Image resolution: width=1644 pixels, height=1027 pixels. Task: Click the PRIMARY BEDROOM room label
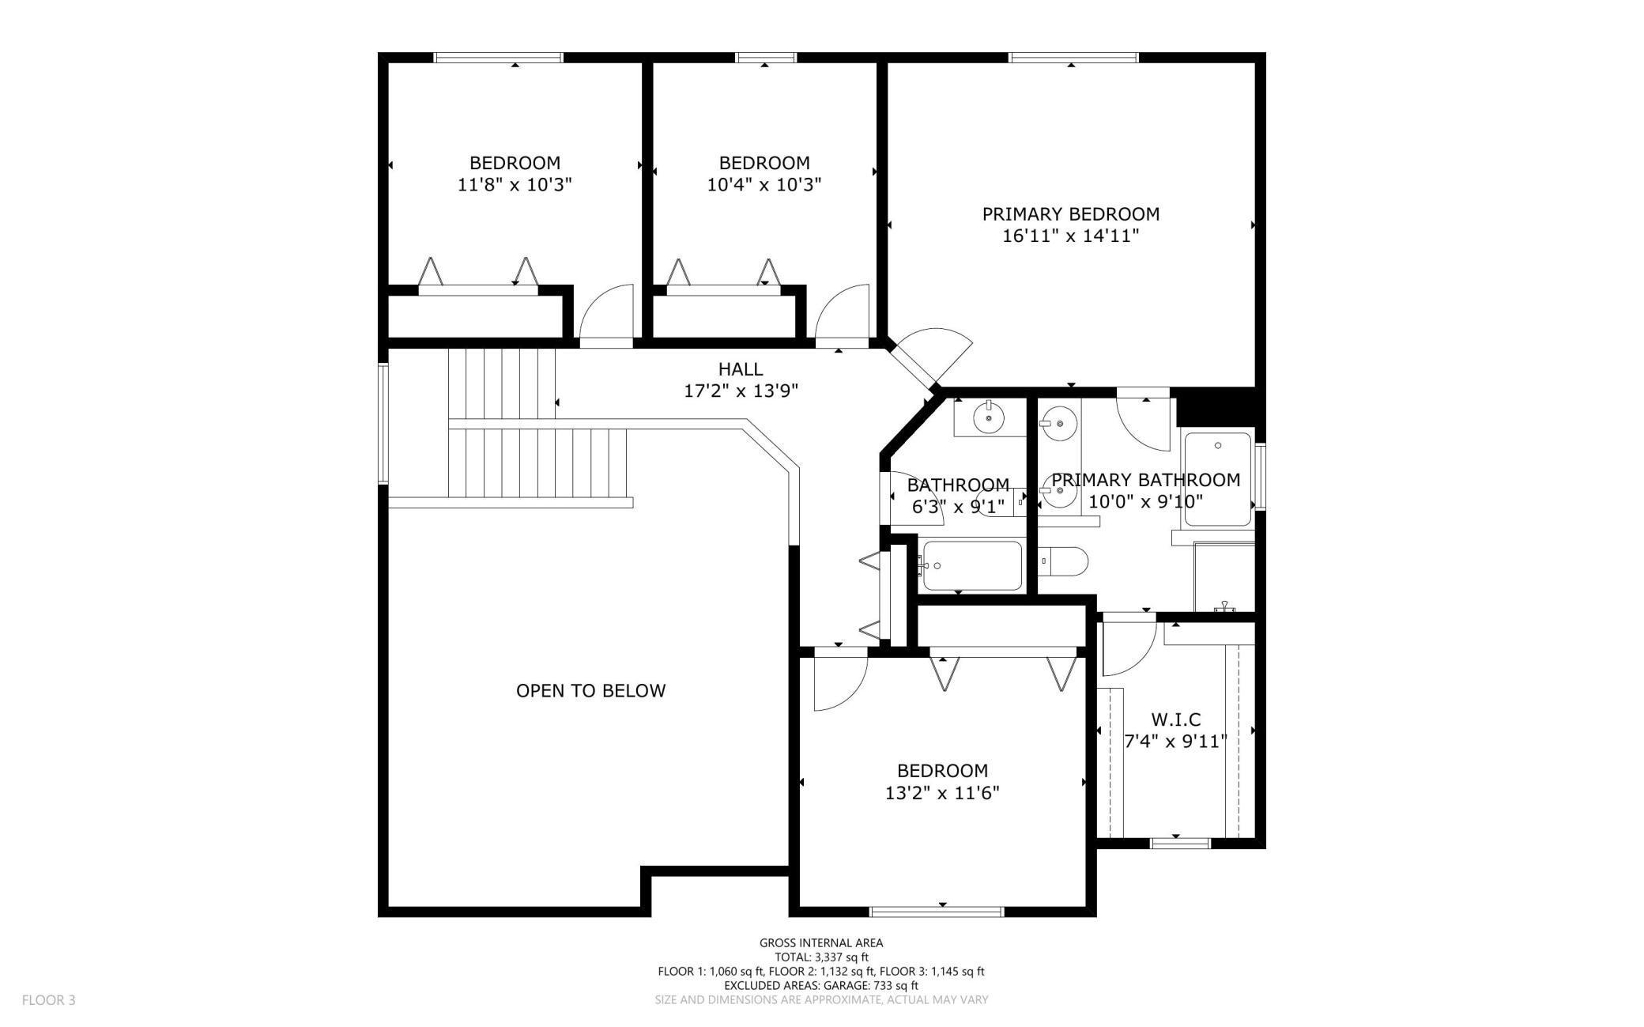1071,213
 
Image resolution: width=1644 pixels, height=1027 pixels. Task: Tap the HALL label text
741,369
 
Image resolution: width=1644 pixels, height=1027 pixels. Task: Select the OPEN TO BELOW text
590,691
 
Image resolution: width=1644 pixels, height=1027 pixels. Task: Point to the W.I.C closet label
1175,719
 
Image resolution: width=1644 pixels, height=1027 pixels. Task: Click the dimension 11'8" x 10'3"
515,185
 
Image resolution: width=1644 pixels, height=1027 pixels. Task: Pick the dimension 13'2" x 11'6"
942,793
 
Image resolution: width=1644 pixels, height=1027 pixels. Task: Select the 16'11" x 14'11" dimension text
1071,236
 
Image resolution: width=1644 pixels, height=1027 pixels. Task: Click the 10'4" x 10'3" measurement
764,185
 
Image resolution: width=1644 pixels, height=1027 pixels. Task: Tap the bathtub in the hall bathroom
971,565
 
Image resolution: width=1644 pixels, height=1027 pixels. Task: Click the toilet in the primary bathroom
1063,561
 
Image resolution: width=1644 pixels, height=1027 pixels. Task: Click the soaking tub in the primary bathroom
1218,479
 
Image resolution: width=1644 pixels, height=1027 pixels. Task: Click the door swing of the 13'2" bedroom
841,681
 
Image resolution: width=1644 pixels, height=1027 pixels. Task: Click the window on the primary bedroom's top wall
1073,57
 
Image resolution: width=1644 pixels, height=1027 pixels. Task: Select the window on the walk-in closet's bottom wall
1180,844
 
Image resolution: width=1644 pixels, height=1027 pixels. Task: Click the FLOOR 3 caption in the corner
48,1000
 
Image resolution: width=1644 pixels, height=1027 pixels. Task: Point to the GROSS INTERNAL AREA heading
821,942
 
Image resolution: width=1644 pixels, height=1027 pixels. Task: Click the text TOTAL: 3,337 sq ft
821,957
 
